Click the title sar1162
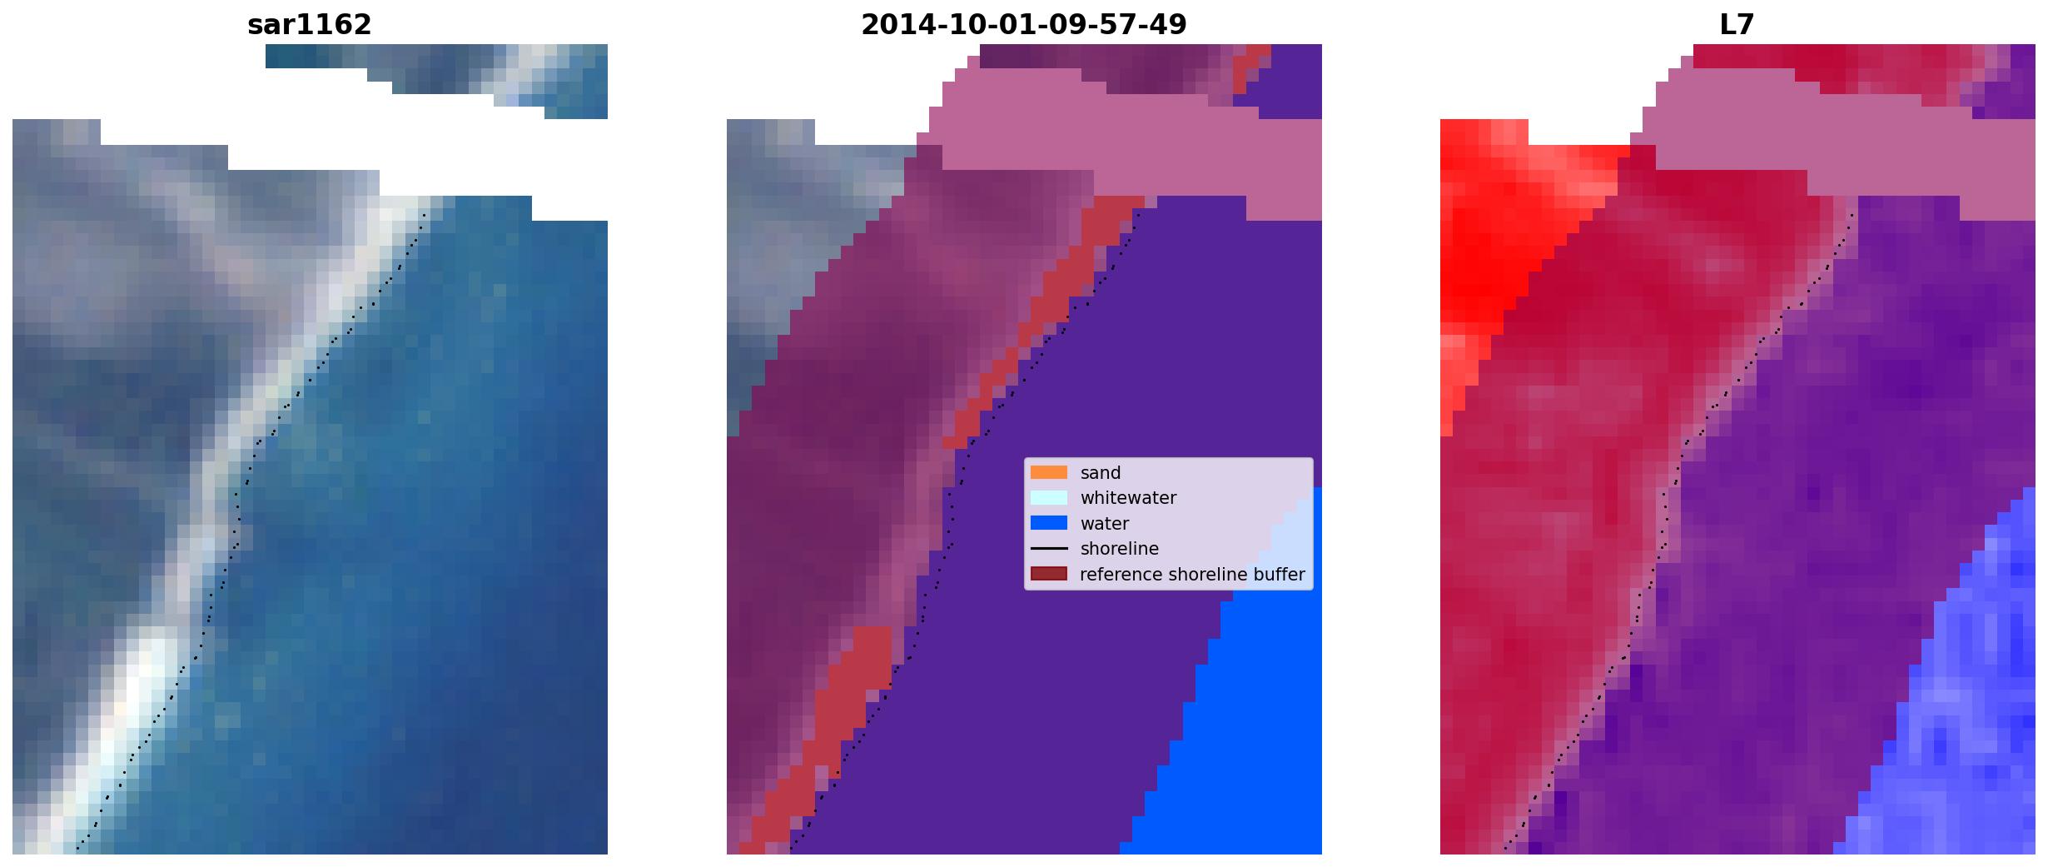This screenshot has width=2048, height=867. (x=309, y=25)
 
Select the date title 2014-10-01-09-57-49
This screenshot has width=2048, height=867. (x=1023, y=25)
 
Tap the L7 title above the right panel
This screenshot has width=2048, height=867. (x=1737, y=25)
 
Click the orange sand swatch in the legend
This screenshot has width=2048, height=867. (x=1048, y=472)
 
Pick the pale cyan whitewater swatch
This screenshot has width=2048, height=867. (x=1048, y=497)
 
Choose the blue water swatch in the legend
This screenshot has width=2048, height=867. (x=1048, y=523)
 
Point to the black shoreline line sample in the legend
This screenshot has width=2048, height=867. (x=1048, y=548)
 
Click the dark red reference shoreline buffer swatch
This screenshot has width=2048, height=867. (x=1048, y=574)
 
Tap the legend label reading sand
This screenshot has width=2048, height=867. (x=1100, y=473)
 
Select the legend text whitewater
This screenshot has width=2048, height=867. (x=1128, y=498)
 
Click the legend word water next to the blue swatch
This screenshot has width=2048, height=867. (x=1104, y=524)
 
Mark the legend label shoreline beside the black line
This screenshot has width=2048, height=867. (x=1119, y=549)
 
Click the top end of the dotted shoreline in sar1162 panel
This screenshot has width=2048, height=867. (x=425, y=215)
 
